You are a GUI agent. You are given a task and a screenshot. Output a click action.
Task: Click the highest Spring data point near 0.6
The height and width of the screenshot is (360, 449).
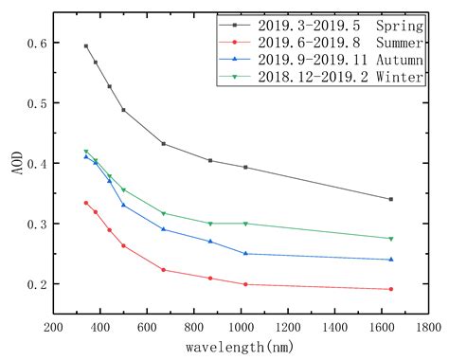pos(86,45)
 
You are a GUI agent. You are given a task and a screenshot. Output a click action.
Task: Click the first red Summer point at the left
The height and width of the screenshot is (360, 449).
pos(86,203)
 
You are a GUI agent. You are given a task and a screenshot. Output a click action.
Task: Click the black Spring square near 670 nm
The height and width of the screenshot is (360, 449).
pos(164,144)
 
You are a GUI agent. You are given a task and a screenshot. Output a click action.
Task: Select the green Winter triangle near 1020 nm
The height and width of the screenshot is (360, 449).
pos(245,224)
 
